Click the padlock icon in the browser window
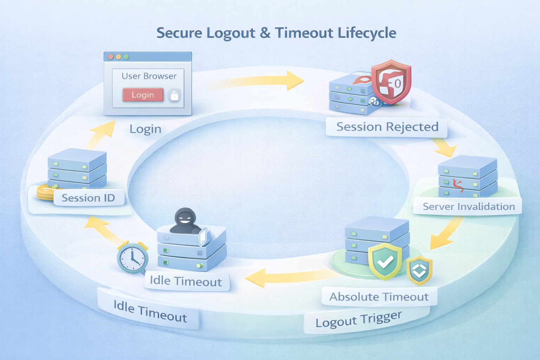[174, 95]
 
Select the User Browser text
[149, 76]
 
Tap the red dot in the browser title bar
[110, 57]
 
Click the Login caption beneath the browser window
[145, 129]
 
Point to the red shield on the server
[391, 82]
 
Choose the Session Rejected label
[387, 127]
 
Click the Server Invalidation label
[468, 206]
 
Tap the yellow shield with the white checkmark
[385, 261]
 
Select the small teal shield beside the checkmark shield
[419, 270]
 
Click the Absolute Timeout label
[379, 297]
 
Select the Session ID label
[89, 198]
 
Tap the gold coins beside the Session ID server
[45, 193]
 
